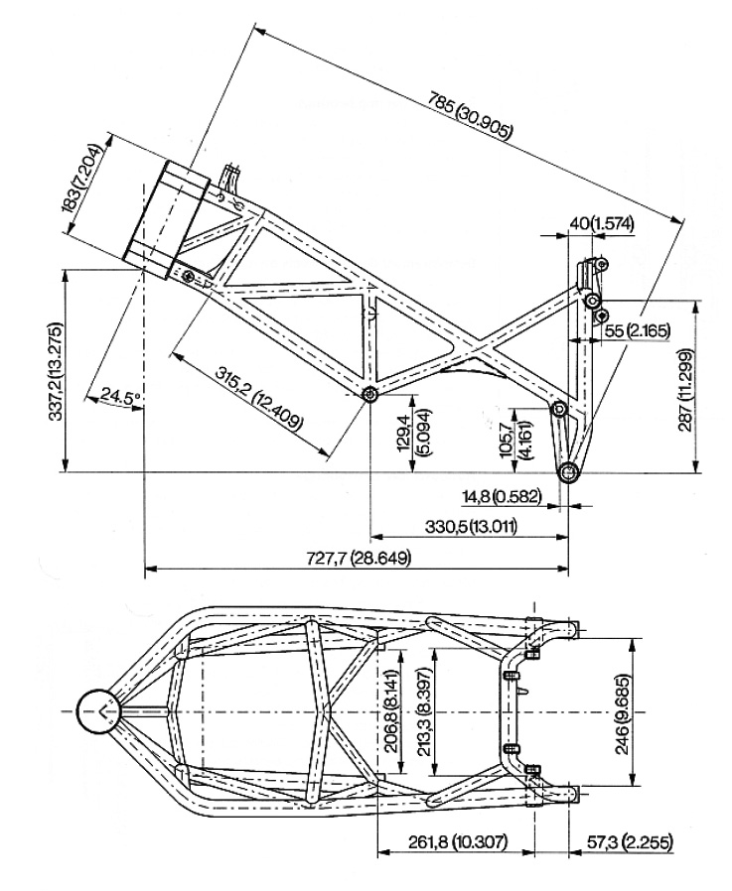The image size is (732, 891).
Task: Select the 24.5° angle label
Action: [x=116, y=397]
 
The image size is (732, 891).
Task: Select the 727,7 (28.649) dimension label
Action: [x=361, y=557]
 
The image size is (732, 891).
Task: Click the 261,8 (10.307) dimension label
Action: [x=456, y=842]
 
